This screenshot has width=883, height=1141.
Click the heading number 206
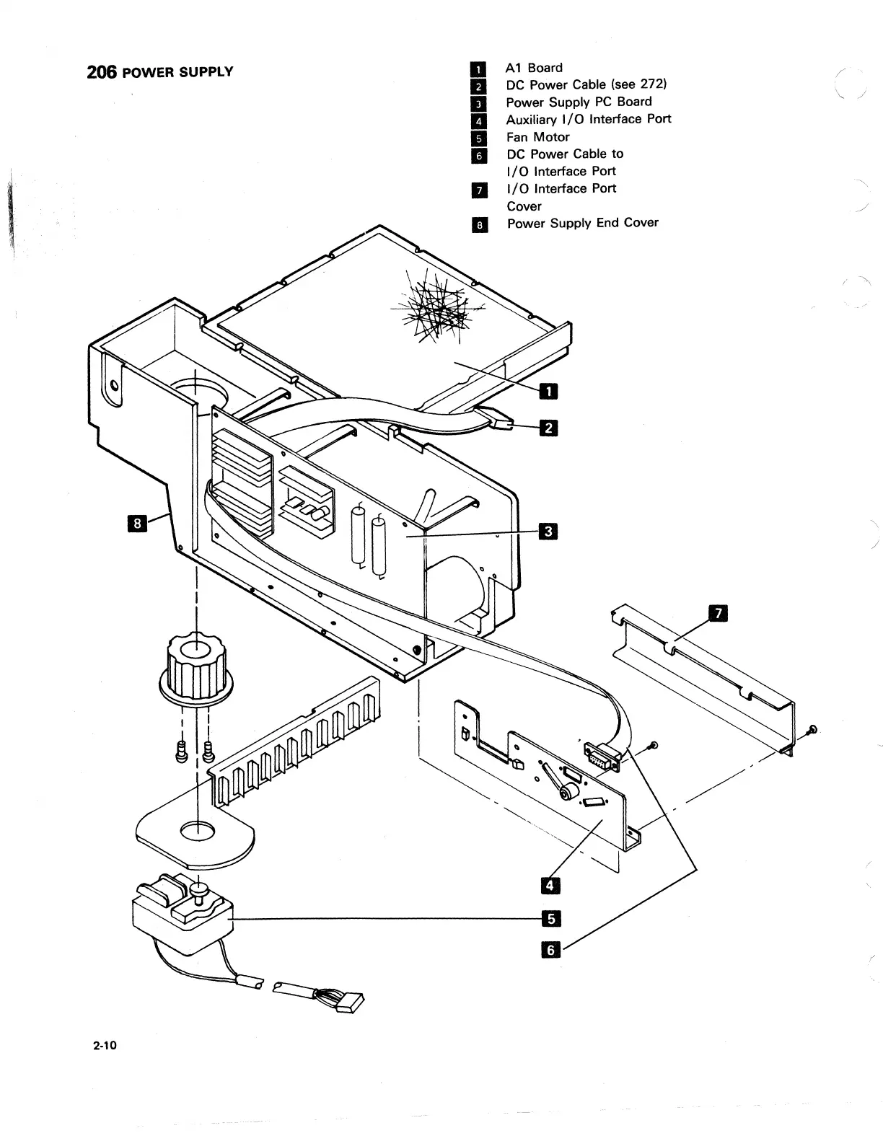[100, 72]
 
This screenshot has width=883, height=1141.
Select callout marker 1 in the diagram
[548, 391]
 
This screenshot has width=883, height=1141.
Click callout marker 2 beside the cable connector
[548, 428]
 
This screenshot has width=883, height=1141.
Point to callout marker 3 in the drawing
[548, 533]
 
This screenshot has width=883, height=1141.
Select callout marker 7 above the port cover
[719, 614]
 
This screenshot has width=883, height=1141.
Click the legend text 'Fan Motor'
[537, 137]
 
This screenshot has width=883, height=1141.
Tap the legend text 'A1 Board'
[534, 68]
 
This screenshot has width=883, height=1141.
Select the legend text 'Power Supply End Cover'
[582, 223]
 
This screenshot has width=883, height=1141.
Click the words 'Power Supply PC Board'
[579, 102]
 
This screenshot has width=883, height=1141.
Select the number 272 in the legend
[652, 84]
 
